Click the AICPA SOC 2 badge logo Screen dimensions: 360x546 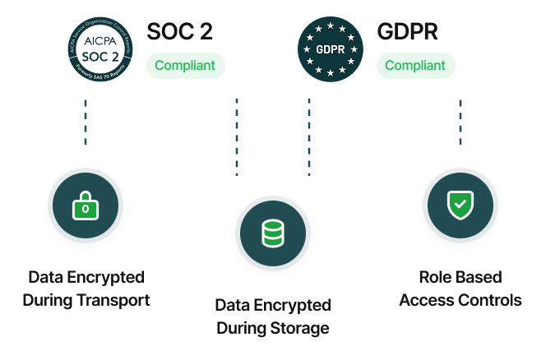(98, 48)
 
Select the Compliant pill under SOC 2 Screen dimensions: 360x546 (185, 66)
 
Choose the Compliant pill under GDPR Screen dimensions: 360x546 (415, 66)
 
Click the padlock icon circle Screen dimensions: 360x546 (86, 209)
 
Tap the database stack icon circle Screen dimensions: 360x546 (272, 235)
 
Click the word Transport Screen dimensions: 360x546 (113, 300)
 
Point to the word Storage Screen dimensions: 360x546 (302, 328)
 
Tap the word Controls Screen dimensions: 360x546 (491, 300)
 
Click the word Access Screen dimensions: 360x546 (427, 300)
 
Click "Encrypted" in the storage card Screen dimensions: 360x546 (292, 305)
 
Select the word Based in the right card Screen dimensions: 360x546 (479, 277)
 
